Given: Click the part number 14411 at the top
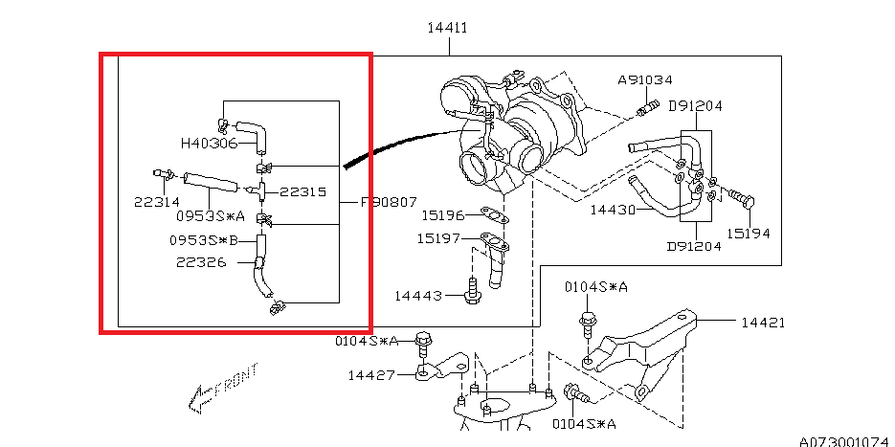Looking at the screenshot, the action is coord(448,28).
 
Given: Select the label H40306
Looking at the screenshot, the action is coord(209,144).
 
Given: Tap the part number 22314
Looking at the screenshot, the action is coord(157,202).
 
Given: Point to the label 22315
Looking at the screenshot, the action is coord(303,191).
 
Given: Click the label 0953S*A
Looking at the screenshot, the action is coord(210,215).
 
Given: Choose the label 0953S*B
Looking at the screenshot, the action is coord(203,240).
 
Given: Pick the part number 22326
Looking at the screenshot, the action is coord(201,262).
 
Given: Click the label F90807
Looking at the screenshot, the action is coord(388,203).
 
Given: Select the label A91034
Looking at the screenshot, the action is coord(645,80).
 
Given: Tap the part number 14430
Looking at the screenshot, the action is coord(613,210).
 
